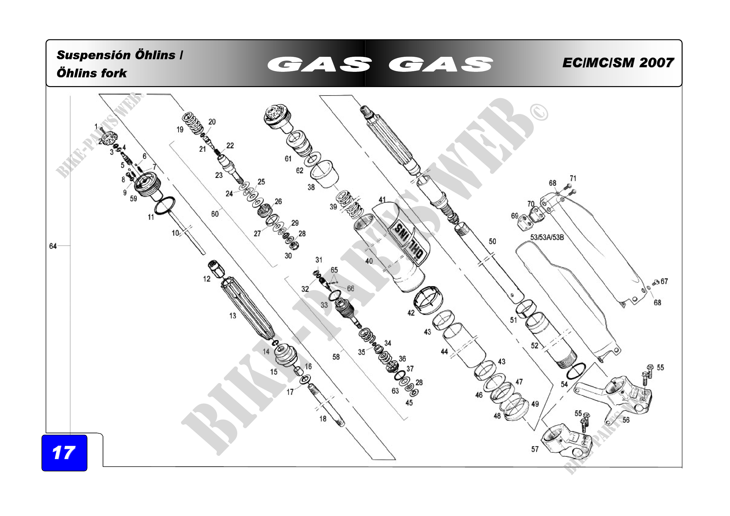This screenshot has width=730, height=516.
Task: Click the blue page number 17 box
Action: [64, 453]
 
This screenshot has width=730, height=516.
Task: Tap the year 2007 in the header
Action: [656, 63]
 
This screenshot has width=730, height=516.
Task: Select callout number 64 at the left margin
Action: [53, 246]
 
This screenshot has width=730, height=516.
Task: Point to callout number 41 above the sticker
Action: [382, 200]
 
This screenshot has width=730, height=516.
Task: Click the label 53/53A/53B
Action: [547, 237]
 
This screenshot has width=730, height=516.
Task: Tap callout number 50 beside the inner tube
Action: [492, 242]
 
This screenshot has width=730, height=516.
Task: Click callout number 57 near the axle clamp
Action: [535, 449]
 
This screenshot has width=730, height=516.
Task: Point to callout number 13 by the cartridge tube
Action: [233, 316]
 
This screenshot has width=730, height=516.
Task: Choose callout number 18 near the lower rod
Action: [323, 419]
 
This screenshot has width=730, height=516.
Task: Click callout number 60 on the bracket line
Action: [215, 214]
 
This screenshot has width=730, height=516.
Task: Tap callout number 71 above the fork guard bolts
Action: [573, 178]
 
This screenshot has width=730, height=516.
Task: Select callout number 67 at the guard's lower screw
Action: [664, 281]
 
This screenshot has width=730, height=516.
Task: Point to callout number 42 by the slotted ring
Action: [411, 313]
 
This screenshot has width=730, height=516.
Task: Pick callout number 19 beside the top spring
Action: [180, 130]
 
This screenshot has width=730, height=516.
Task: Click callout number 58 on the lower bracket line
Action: [336, 357]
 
